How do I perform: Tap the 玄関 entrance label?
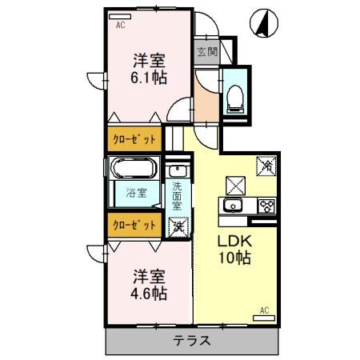pyautogui.click(x=206, y=53)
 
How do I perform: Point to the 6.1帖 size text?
pyautogui.click(x=148, y=78)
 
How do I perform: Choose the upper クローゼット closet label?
pyautogui.click(x=134, y=138)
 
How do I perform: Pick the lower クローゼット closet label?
pyautogui.click(x=134, y=225)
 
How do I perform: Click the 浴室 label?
pyautogui.click(x=136, y=193)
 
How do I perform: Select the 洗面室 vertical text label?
pyautogui.click(x=177, y=197)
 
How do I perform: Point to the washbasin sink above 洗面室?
pyautogui.click(x=178, y=172)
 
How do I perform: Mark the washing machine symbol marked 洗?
pyautogui.click(x=178, y=225)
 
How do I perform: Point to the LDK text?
pyautogui.click(x=235, y=242)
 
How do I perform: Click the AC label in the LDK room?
pyautogui.click(x=264, y=309)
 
